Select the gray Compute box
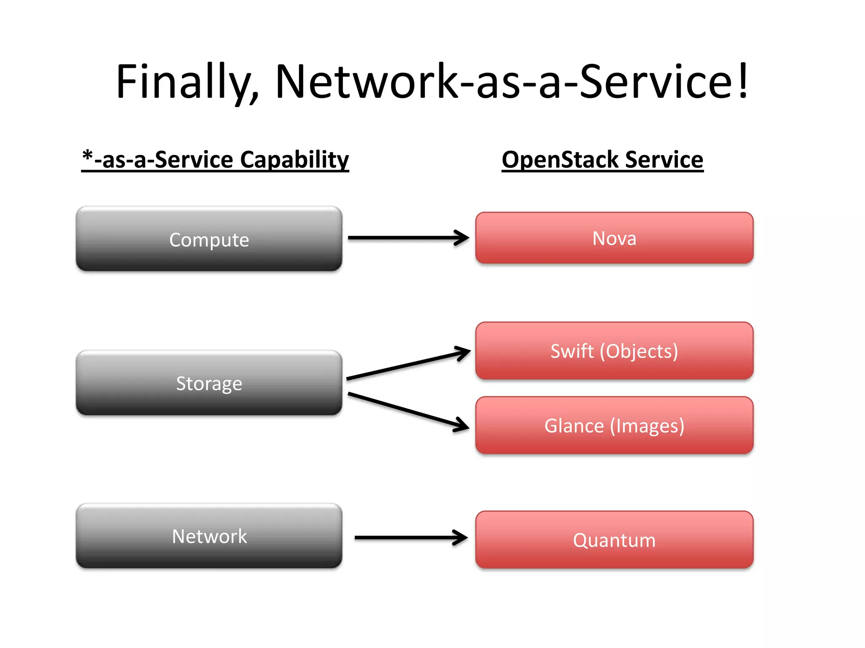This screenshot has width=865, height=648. (209, 239)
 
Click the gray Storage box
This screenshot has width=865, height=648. (209, 383)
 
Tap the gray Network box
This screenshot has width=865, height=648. (209, 536)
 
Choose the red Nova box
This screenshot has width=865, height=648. (614, 238)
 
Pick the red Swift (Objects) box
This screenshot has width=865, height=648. (614, 351)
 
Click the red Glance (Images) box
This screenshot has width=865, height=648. (614, 425)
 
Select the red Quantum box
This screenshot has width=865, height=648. (614, 540)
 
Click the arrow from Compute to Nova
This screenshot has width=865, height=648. (408, 238)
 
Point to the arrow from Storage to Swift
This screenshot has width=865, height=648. (408, 365)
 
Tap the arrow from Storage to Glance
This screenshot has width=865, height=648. (408, 411)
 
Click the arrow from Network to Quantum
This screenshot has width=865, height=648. (410, 537)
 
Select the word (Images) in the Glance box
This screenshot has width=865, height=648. (647, 426)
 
